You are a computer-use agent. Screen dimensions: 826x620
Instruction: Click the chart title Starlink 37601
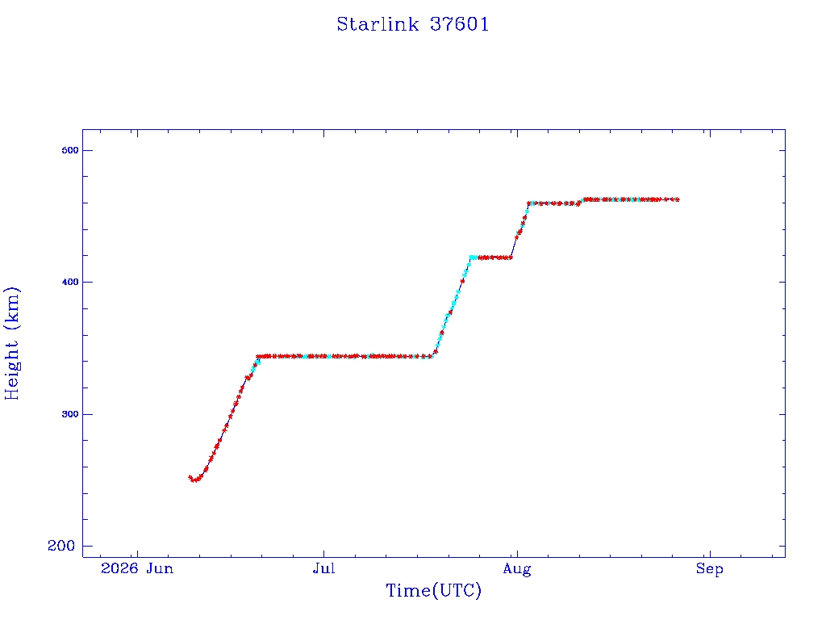pos(413,24)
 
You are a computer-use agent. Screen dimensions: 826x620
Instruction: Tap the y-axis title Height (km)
pos(12,343)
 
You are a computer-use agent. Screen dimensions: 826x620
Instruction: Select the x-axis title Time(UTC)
pos(433,590)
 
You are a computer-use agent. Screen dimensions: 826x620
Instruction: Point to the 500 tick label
pos(70,150)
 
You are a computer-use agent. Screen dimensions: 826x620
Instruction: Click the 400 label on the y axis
pos(70,282)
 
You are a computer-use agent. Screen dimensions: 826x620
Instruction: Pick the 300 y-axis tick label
pos(70,414)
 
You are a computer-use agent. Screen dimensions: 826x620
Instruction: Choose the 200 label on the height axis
pos(61,546)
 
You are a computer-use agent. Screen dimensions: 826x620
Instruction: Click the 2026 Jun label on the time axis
pos(137,568)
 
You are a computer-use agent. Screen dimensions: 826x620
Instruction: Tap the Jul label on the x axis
pos(323,568)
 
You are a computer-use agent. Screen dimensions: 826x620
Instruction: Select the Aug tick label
pos(517,569)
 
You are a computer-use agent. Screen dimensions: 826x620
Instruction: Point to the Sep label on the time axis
pos(710,569)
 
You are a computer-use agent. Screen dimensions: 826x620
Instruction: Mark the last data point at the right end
pos(677,200)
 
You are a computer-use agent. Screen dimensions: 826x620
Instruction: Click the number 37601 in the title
pos(459,24)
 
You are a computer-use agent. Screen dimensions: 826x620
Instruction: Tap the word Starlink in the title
pos(378,24)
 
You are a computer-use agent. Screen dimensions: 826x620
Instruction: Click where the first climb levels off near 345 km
pos(258,356)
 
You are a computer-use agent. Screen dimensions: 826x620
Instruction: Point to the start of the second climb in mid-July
pos(432,356)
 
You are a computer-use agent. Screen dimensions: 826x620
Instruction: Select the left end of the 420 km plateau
pos(470,258)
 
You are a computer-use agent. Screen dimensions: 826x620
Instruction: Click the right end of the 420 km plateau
pos(511,258)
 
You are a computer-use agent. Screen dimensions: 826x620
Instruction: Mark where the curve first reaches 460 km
pos(529,203)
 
